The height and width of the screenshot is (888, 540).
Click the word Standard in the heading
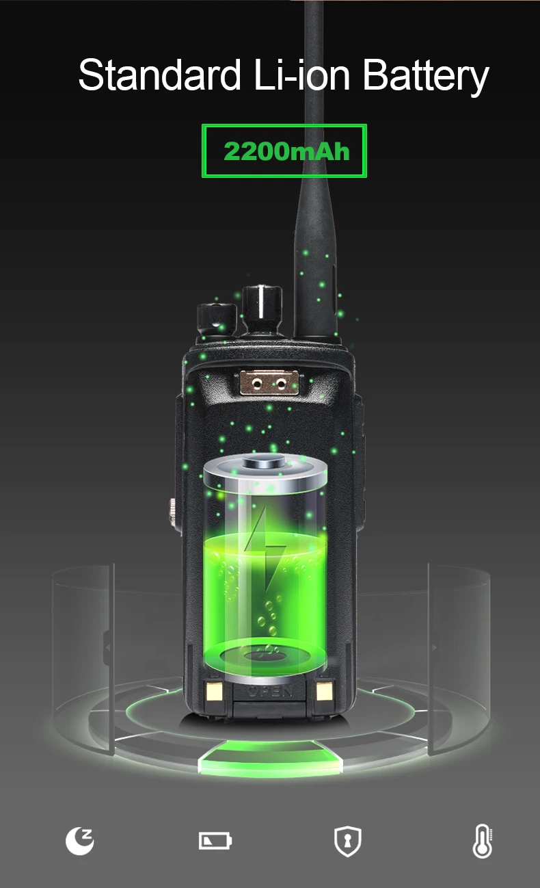pos(160,75)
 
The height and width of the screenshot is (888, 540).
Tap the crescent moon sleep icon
pos(80,841)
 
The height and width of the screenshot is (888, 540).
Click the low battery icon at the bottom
pos(215,840)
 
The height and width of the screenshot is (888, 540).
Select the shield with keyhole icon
pos(347,841)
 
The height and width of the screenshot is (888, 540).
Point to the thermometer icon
pos(483,841)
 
